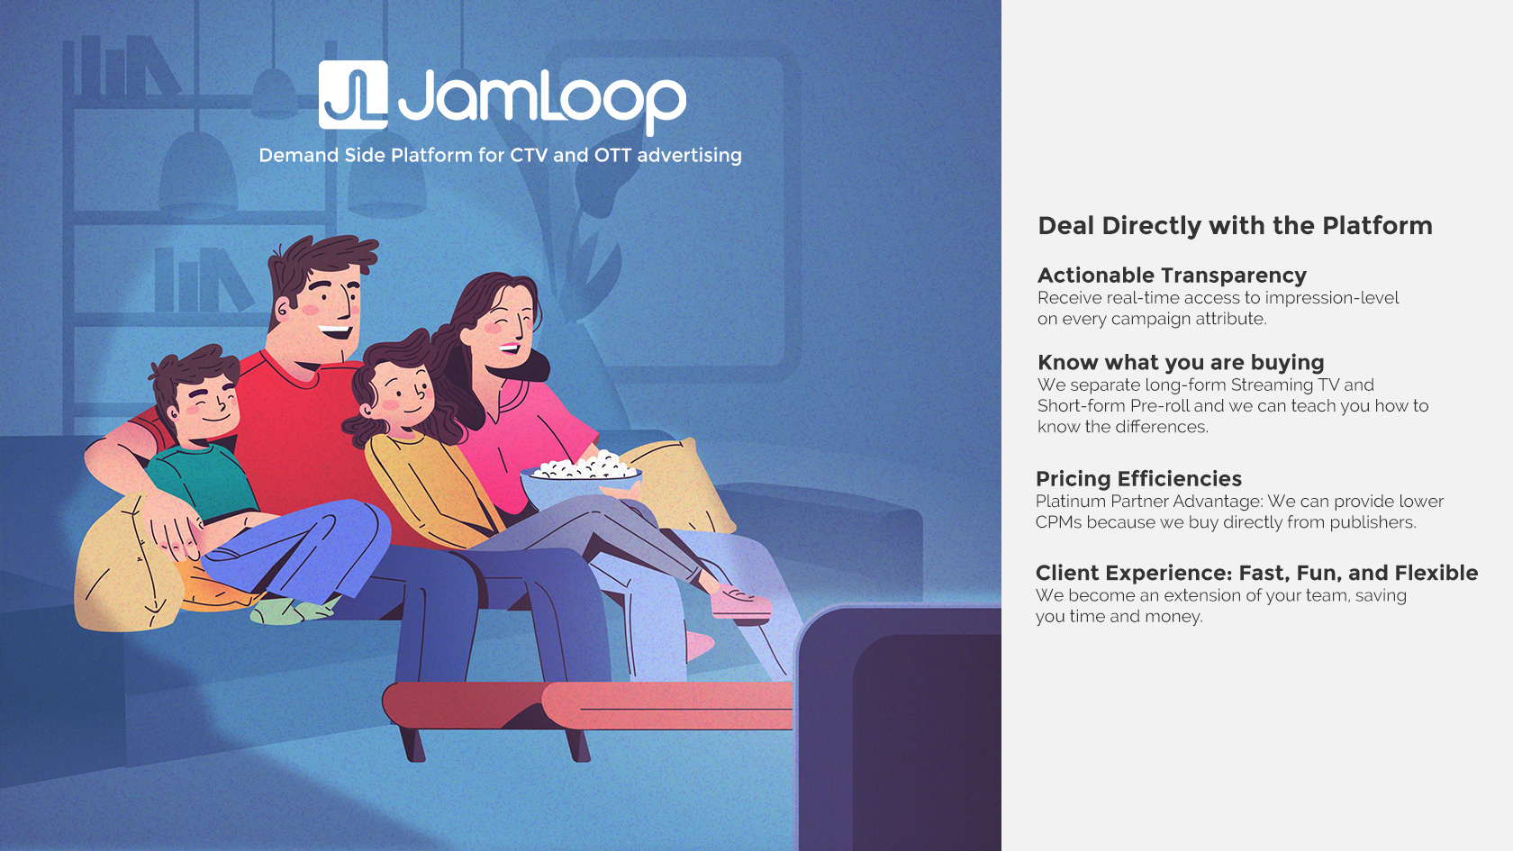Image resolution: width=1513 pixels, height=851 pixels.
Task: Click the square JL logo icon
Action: (x=353, y=95)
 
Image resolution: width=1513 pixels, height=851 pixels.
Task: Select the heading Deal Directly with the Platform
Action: (x=1235, y=225)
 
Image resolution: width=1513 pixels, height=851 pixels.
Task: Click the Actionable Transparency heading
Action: (x=1172, y=275)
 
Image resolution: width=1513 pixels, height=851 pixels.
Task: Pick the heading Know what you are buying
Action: (x=1181, y=362)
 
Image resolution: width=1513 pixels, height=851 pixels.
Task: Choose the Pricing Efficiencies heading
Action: (x=1138, y=478)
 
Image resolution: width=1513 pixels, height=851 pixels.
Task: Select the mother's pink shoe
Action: (x=739, y=602)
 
